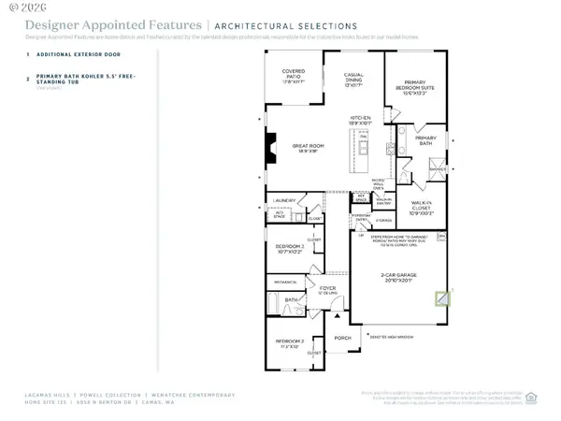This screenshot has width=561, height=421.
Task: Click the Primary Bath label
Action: point(425,143)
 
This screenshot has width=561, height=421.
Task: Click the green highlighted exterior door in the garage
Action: point(443,299)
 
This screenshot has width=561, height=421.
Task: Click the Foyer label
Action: point(327,290)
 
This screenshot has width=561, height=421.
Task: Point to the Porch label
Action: point(342,338)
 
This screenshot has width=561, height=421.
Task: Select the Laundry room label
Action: point(285,201)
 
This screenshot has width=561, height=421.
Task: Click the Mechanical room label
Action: point(286,281)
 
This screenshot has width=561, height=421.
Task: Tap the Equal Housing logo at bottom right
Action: point(530,395)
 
